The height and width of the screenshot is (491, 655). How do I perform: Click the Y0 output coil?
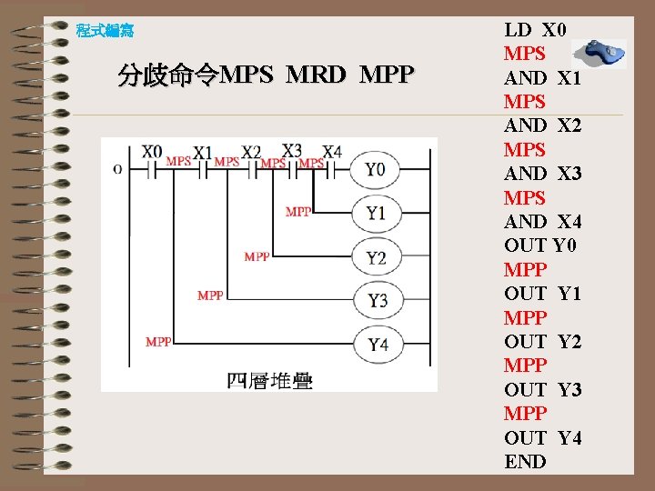pyautogui.click(x=375, y=169)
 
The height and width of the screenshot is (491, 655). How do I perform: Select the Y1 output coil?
pyautogui.click(x=375, y=213)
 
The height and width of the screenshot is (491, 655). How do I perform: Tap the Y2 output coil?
pyautogui.click(x=375, y=257)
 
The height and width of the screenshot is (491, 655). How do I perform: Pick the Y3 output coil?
pyautogui.click(x=375, y=300)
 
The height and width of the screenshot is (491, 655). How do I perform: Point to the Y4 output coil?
pyautogui.click(x=375, y=344)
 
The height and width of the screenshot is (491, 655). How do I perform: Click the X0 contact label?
pyautogui.click(x=152, y=151)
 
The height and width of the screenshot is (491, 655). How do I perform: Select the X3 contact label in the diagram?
pyautogui.click(x=292, y=150)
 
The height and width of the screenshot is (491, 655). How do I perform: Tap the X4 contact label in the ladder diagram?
pyautogui.click(x=332, y=151)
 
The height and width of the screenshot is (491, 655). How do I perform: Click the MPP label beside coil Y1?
pyautogui.click(x=298, y=212)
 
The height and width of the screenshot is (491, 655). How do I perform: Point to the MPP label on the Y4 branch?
pyautogui.click(x=159, y=342)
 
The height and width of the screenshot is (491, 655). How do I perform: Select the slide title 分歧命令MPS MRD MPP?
pyautogui.click(x=266, y=75)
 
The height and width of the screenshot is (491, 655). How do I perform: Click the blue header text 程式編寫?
pyautogui.click(x=105, y=31)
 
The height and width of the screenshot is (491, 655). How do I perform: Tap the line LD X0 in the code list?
pyautogui.click(x=536, y=29)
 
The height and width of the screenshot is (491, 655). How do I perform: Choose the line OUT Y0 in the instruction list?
pyautogui.click(x=540, y=245)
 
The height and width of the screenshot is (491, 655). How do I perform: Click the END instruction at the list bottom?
pyautogui.click(x=526, y=462)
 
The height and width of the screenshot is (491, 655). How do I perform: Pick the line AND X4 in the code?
pyautogui.click(x=543, y=222)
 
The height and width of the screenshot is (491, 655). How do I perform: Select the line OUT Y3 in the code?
pyautogui.click(x=543, y=390)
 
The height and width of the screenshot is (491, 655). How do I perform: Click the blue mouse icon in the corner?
pyautogui.click(x=601, y=54)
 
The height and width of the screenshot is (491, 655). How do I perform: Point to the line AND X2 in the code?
pyautogui.click(x=543, y=125)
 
